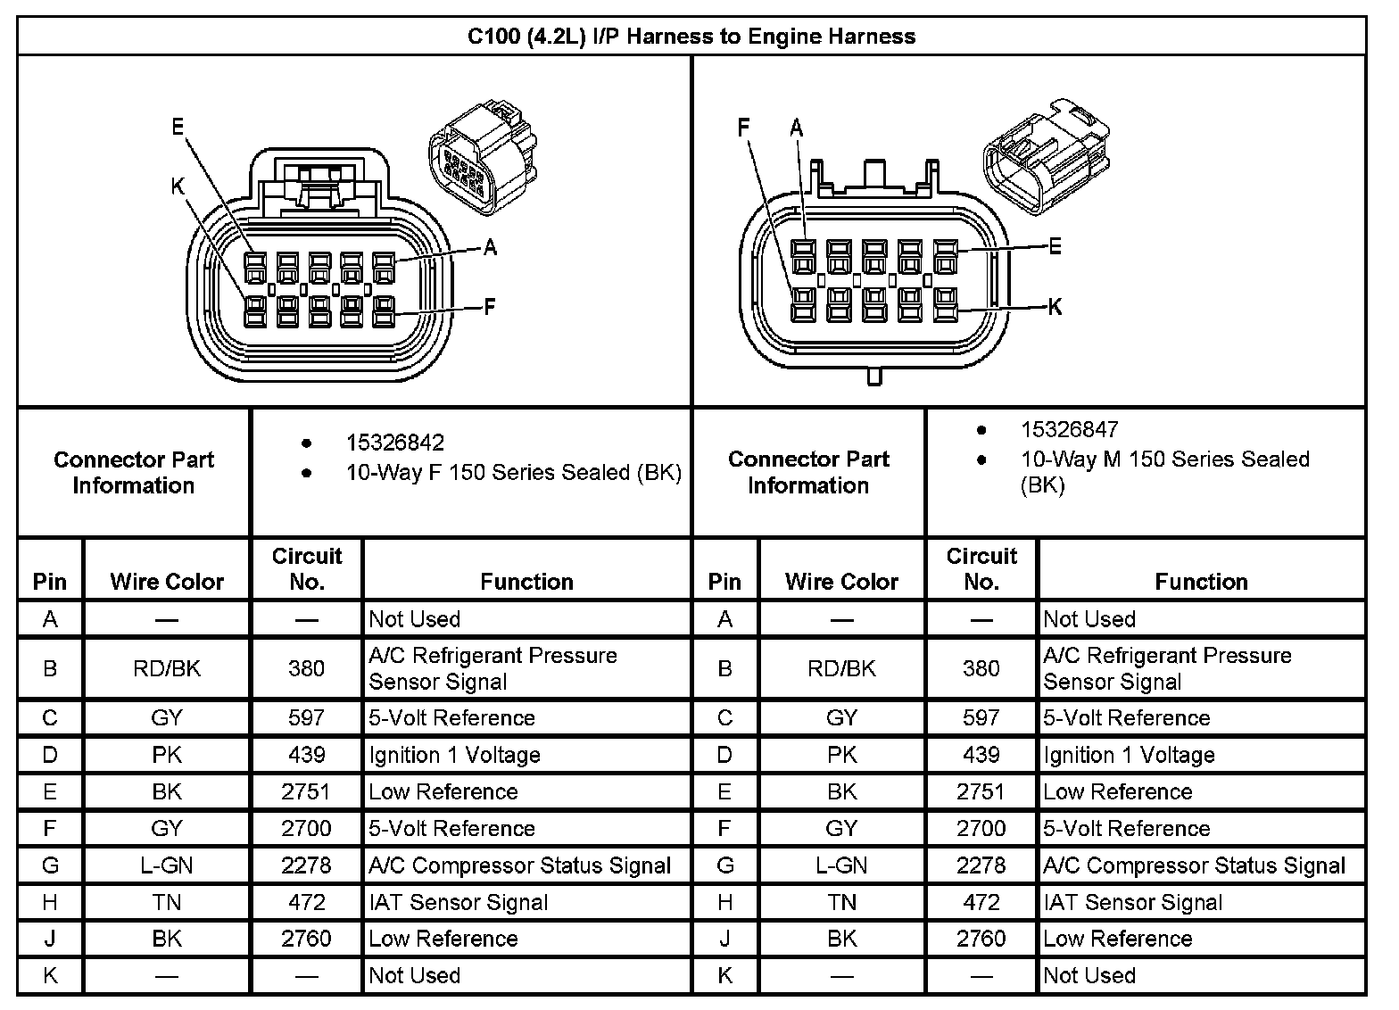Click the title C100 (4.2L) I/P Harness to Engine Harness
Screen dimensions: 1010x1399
[x=691, y=37]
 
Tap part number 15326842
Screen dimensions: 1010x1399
[x=395, y=443]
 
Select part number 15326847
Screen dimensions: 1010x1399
[x=1069, y=430]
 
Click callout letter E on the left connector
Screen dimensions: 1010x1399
[x=178, y=127]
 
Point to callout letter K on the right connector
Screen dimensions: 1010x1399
[x=1055, y=307]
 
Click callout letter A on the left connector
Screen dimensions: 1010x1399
[x=490, y=248]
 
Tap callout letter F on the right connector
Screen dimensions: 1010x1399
[x=743, y=128]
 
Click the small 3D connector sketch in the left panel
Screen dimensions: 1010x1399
[x=483, y=157]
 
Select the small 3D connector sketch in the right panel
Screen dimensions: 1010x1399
[x=1047, y=156]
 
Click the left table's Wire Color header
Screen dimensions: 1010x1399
[x=167, y=582]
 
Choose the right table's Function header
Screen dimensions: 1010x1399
[x=1201, y=582]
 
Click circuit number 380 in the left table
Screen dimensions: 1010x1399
[x=306, y=668]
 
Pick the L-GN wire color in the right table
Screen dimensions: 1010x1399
[x=841, y=865]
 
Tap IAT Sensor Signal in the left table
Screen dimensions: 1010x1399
[x=459, y=902]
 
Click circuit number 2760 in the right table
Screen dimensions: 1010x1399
[x=981, y=939]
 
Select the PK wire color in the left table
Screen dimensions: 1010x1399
[x=167, y=755]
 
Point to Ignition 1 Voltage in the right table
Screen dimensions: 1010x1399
[x=1129, y=755]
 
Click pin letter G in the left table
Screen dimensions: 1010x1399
[x=50, y=865]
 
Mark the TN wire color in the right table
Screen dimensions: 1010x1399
[x=841, y=902]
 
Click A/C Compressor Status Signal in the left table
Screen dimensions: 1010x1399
[x=519, y=865]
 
